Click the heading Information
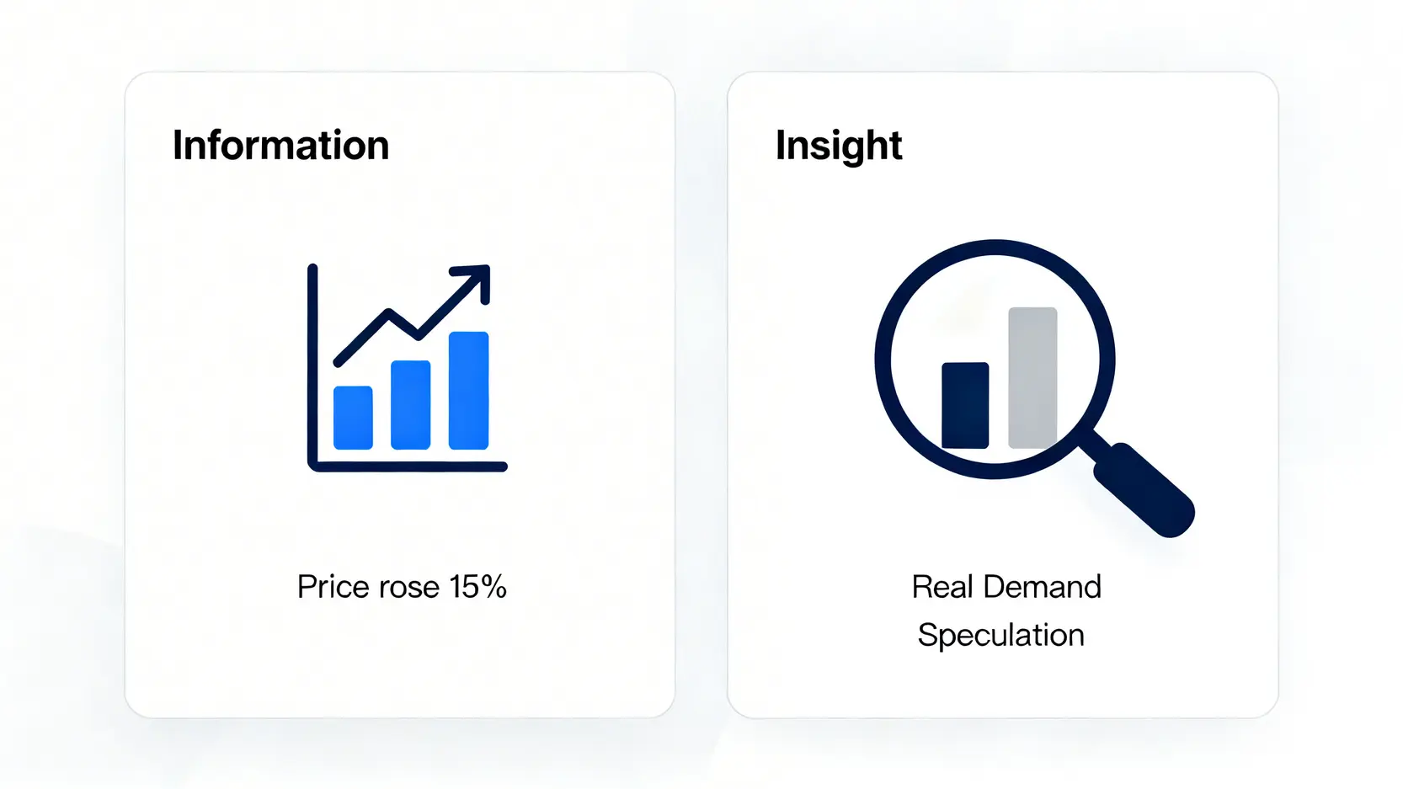pyautogui.click(x=280, y=145)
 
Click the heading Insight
pyautogui.click(x=839, y=146)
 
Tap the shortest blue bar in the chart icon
pyautogui.click(x=353, y=418)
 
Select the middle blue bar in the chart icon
pyautogui.click(x=411, y=404)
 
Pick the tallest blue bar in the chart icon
pyautogui.click(x=468, y=390)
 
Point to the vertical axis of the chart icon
pyautogui.click(x=312, y=366)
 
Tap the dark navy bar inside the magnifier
pyautogui.click(x=965, y=405)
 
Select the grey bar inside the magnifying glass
pyautogui.click(x=1032, y=377)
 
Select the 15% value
pyautogui.click(x=477, y=587)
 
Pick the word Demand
pyautogui.click(x=1043, y=587)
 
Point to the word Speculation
pyautogui.click(x=1001, y=636)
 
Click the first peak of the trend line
pyautogui.click(x=388, y=312)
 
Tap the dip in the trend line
pyautogui.click(x=418, y=335)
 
